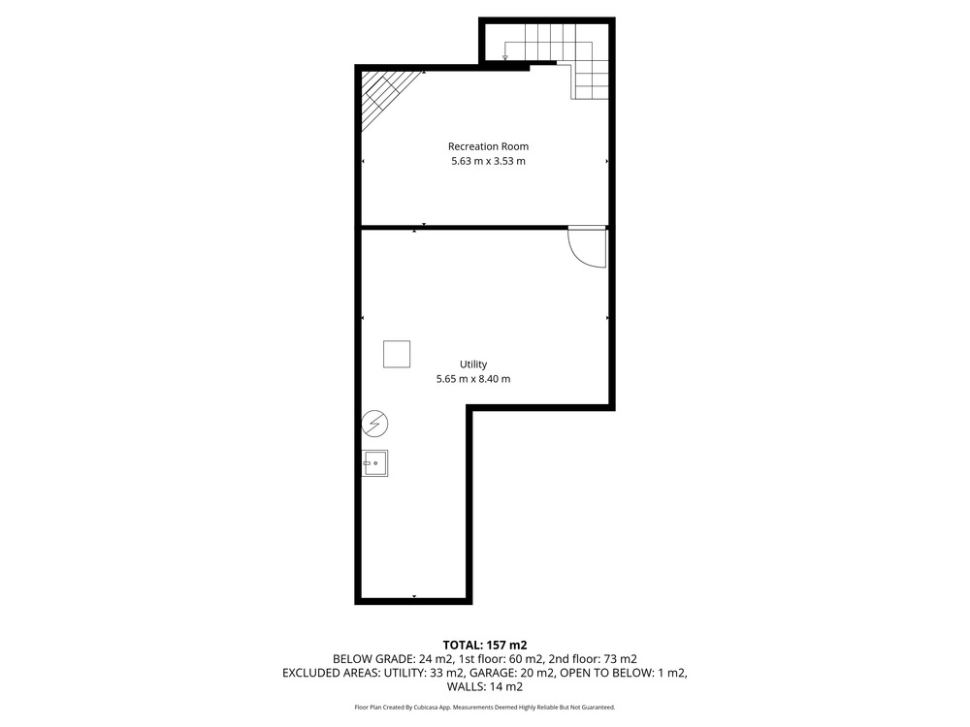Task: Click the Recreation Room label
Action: click(x=488, y=146)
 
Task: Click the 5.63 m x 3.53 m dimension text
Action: click(x=488, y=161)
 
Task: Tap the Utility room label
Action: click(x=473, y=364)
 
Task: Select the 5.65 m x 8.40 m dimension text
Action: click(x=473, y=379)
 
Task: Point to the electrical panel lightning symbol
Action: click(x=374, y=425)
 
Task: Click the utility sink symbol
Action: click(x=374, y=463)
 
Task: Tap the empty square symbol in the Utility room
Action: click(x=397, y=354)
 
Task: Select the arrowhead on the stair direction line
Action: click(x=505, y=57)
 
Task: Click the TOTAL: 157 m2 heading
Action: click(x=485, y=646)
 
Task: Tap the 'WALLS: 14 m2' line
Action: click(x=485, y=687)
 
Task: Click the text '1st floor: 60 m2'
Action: click(x=501, y=659)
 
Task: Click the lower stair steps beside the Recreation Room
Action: click(x=592, y=80)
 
